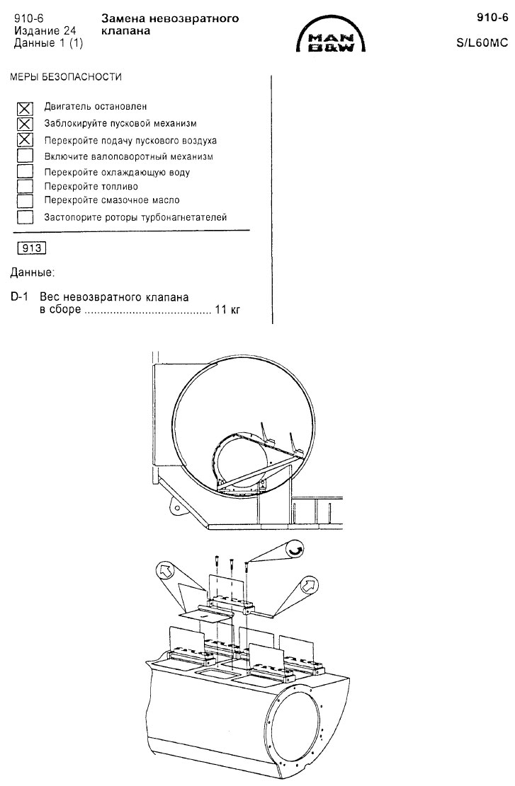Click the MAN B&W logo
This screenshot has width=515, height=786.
coord(331,37)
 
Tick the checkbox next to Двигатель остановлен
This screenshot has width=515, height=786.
coord(25,108)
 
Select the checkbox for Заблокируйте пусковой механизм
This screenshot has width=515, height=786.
coord(25,125)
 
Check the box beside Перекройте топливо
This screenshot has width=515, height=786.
coord(25,187)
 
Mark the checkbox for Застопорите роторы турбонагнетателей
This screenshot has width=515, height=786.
coord(25,218)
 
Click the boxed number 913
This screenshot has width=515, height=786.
coord(32,248)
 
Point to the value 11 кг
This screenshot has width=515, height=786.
coord(227,309)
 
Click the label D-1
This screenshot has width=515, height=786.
coord(20,296)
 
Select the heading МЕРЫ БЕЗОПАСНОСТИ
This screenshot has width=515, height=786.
coord(66,77)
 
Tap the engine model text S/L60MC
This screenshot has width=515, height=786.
coord(482,42)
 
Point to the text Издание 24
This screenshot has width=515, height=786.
coord(45,31)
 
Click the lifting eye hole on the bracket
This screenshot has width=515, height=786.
coord(176,507)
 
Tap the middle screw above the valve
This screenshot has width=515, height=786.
coord(232,564)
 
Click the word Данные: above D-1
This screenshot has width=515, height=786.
coord(32,273)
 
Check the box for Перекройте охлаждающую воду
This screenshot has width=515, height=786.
coord(25,171)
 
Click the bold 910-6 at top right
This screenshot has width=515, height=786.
coord(492,18)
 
